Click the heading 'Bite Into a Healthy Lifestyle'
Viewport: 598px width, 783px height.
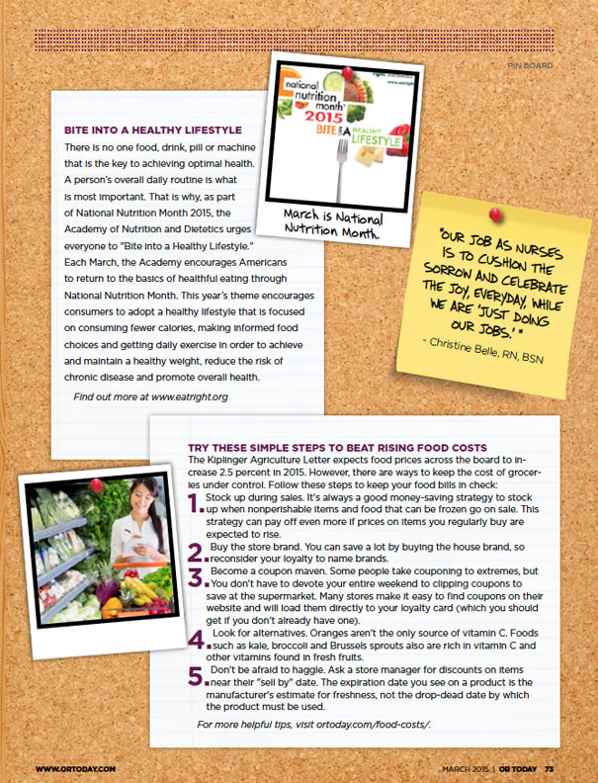tap(152, 130)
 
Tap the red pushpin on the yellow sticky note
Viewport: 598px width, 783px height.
tap(495, 213)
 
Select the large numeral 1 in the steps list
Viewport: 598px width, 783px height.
tap(195, 504)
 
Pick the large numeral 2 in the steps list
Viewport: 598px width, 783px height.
tap(196, 552)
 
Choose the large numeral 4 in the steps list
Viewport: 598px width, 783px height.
tap(196, 638)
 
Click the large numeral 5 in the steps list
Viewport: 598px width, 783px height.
tap(196, 676)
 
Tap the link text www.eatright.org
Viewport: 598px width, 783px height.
tap(190, 396)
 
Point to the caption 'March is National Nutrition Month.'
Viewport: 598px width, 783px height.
tap(331, 225)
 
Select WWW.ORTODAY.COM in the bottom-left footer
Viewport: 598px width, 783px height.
tap(76, 768)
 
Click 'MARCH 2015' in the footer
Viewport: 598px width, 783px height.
tap(466, 768)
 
